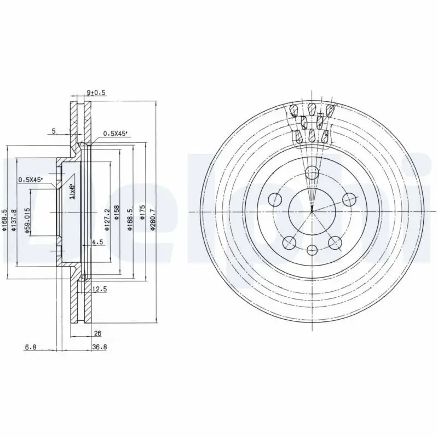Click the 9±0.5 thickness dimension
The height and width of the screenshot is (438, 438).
[96, 93]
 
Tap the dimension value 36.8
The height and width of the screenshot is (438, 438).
[99, 347]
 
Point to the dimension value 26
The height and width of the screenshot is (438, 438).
[99, 333]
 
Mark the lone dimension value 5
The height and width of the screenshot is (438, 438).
[53, 131]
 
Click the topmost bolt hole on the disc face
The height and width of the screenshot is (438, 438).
[312, 174]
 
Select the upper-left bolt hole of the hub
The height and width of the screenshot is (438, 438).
[275, 199]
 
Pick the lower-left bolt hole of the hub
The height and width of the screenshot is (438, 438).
[289, 242]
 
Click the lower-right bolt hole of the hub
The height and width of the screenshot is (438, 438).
[334, 242]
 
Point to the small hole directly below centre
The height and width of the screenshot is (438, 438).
[312, 250]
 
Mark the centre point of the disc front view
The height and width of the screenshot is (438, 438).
[312, 211]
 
